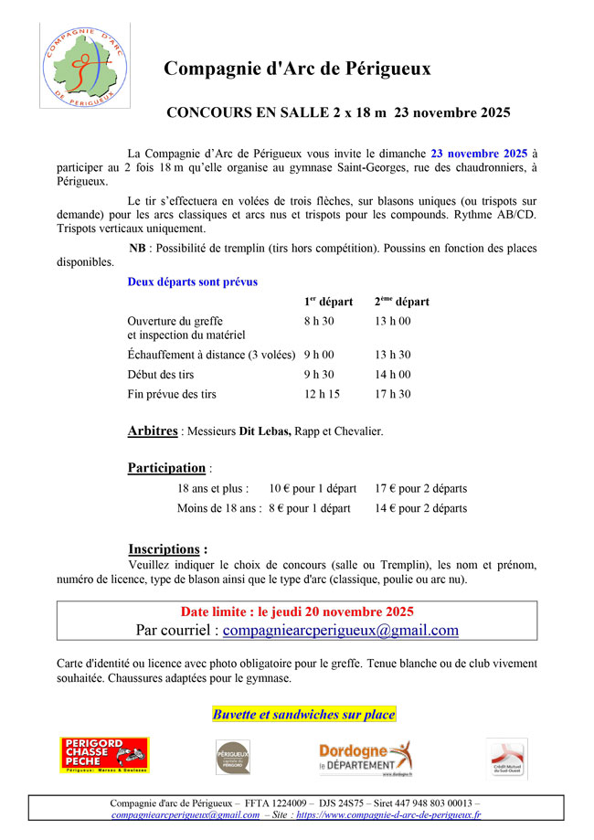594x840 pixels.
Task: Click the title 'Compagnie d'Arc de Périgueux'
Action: click(297, 69)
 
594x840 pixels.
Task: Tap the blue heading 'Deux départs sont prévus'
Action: click(193, 282)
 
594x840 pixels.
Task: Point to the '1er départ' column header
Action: click(328, 302)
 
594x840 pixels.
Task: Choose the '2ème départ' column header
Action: click(401, 302)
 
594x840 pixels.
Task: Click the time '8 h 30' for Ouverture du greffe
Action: click(319, 321)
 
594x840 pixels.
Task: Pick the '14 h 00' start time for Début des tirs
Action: click(392, 374)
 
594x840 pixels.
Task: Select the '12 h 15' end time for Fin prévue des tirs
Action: click(322, 394)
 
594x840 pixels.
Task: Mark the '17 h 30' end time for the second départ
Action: click(392, 394)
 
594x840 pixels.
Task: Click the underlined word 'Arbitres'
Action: click(153, 431)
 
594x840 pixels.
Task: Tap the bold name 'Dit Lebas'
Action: click(265, 431)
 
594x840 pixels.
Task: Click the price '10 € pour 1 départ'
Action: click(313, 489)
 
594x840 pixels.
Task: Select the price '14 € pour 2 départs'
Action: click(420, 508)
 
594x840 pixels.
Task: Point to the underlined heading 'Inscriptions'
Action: click(164, 549)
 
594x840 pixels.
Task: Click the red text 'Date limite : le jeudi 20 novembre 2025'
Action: click(297, 611)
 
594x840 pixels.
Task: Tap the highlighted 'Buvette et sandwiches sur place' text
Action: click(303, 714)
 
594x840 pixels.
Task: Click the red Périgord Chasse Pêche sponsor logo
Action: click(104, 755)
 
